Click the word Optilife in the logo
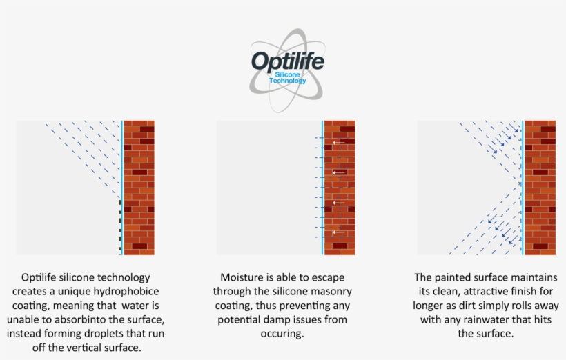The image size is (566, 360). (x=287, y=62)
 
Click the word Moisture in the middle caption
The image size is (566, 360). (x=240, y=277)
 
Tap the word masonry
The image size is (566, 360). (x=324, y=292)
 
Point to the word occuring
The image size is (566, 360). (x=282, y=334)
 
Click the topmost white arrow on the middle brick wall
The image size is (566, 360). (x=338, y=143)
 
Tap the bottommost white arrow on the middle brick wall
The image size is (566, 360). (x=338, y=232)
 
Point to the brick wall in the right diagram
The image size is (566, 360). (x=540, y=188)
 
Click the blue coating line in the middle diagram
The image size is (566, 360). (x=322, y=188)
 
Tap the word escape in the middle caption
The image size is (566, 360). (x=336, y=277)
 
